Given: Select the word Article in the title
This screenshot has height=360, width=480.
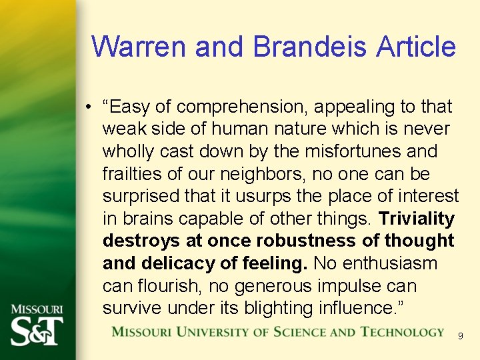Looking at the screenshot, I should tap(416, 47).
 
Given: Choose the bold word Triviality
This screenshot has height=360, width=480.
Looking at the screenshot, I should tap(417, 219).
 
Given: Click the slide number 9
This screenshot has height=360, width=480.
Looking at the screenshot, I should tap(460, 337).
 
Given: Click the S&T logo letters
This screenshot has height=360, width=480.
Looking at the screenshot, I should tap(37, 329).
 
